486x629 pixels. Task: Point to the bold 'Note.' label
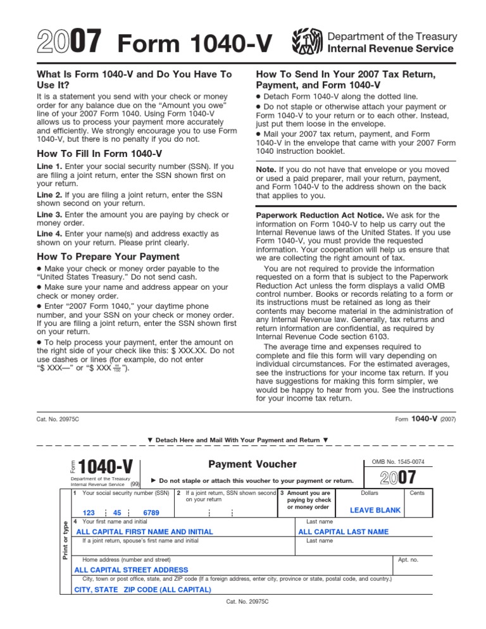pos(268,170)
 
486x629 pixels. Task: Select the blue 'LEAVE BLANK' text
pos(375,511)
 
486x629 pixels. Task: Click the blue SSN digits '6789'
pos(151,513)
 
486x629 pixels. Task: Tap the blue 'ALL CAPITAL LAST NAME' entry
pos(343,532)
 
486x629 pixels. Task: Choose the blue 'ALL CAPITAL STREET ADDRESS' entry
pos(131,570)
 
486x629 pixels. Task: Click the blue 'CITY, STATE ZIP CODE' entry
pos(142,590)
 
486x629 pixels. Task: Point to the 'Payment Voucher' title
pos(246,465)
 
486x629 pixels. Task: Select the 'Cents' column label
pos(417,492)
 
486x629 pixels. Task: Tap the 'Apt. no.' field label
pos(408,559)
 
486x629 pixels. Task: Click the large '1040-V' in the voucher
pos(106,467)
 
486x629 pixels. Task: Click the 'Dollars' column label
pos(370,492)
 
